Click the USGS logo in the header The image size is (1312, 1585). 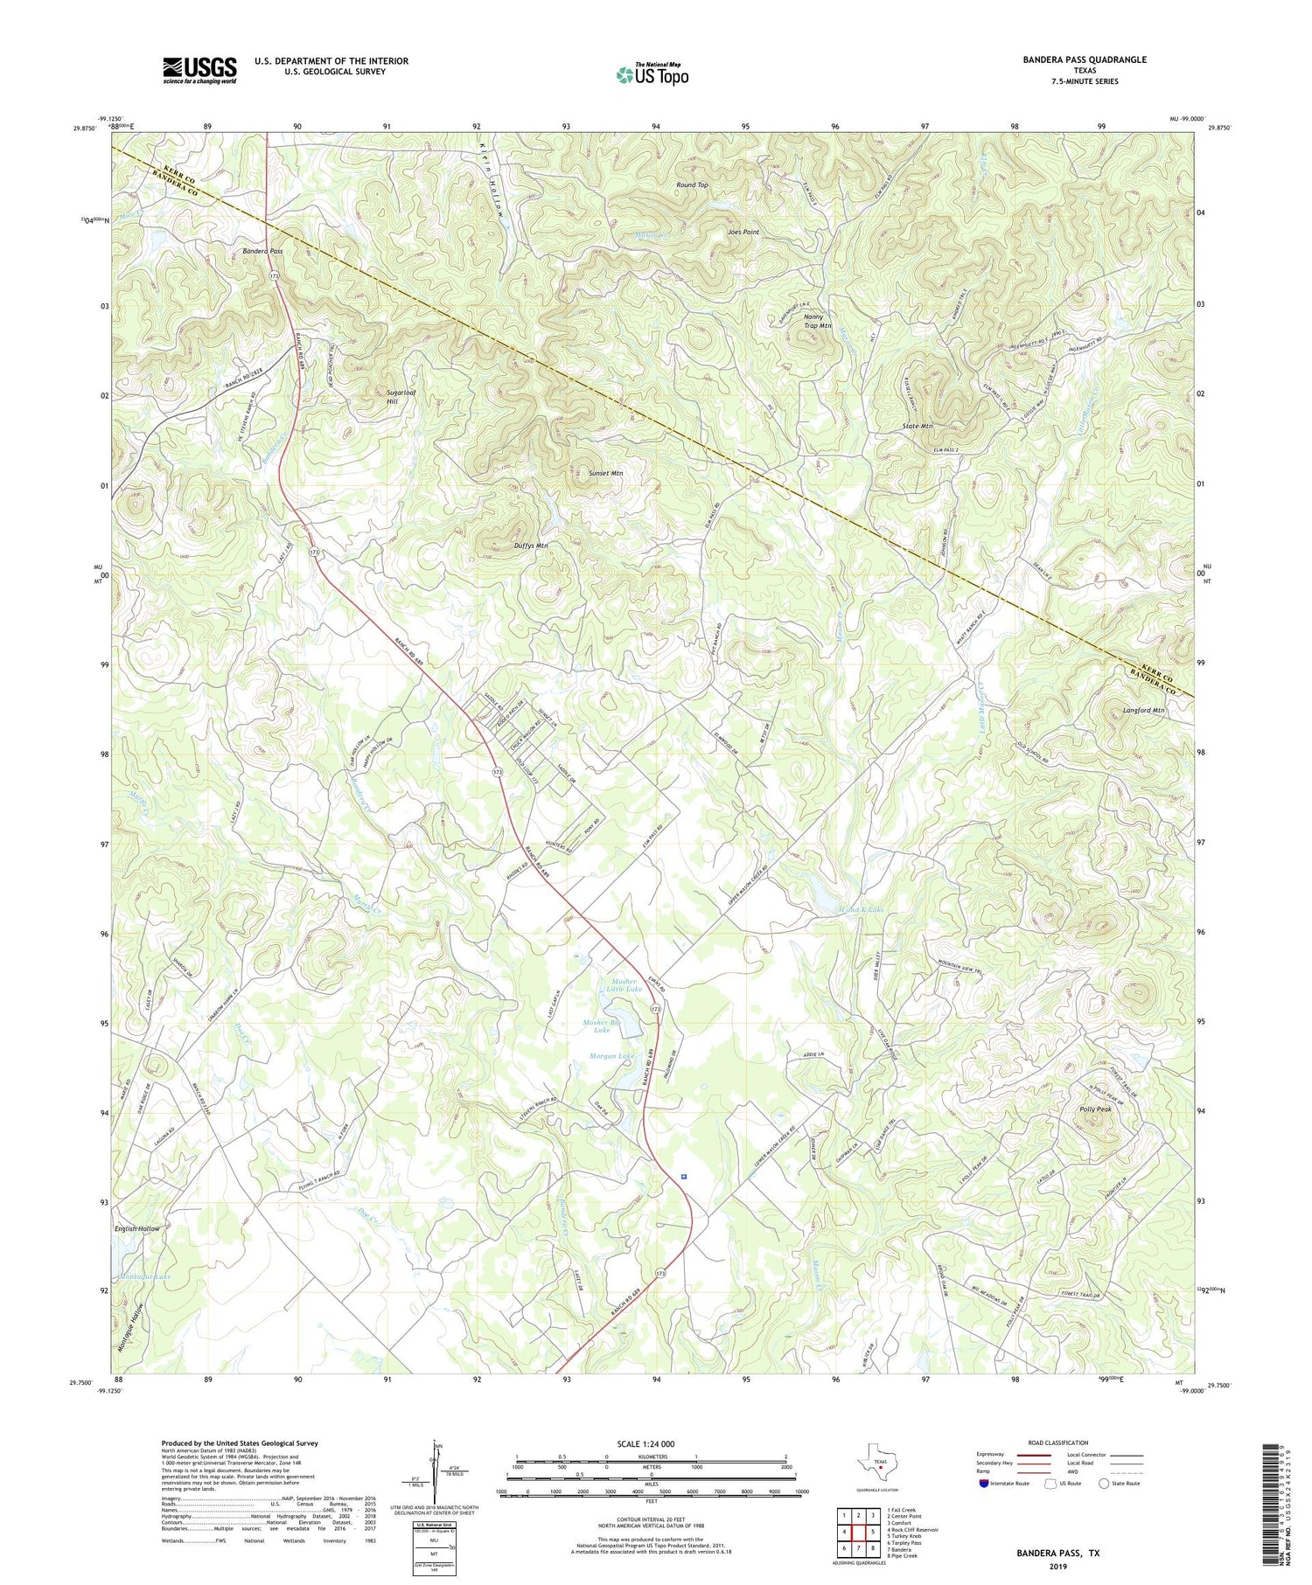(x=199, y=70)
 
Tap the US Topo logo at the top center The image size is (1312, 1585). (x=652, y=74)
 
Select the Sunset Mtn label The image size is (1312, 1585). (x=605, y=473)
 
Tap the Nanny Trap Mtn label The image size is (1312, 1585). (x=818, y=321)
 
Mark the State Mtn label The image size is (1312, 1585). (x=918, y=426)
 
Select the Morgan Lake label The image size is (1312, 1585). (x=613, y=1056)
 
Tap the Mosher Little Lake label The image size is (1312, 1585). (x=623, y=985)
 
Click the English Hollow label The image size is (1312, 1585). (x=137, y=1228)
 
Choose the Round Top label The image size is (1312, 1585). (x=692, y=185)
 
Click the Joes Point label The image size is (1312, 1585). (x=743, y=233)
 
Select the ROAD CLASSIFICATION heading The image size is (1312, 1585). (x=1058, y=1442)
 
